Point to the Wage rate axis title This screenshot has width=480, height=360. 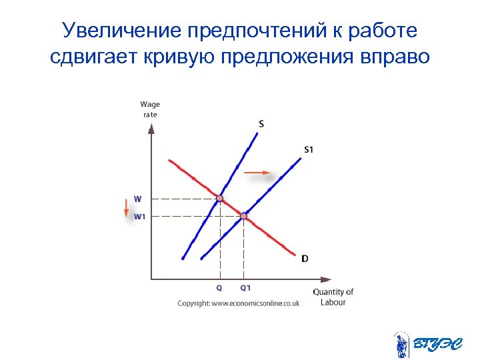tap(150, 109)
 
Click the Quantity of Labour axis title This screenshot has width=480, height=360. tap(333, 297)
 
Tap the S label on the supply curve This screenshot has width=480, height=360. tap(261, 123)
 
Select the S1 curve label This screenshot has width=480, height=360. tap(308, 149)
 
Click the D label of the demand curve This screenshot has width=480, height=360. tap(305, 259)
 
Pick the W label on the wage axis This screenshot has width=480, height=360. tap(137, 199)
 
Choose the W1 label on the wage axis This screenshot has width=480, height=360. tap(139, 216)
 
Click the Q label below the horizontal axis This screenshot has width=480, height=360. tap(219, 288)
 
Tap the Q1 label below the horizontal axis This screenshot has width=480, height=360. tap(245, 288)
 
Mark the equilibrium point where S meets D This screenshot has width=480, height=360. tap(220, 198)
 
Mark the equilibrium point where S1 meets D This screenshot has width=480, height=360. tap(244, 216)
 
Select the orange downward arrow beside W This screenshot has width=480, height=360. tap(125, 207)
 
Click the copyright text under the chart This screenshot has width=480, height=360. tap(238, 303)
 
